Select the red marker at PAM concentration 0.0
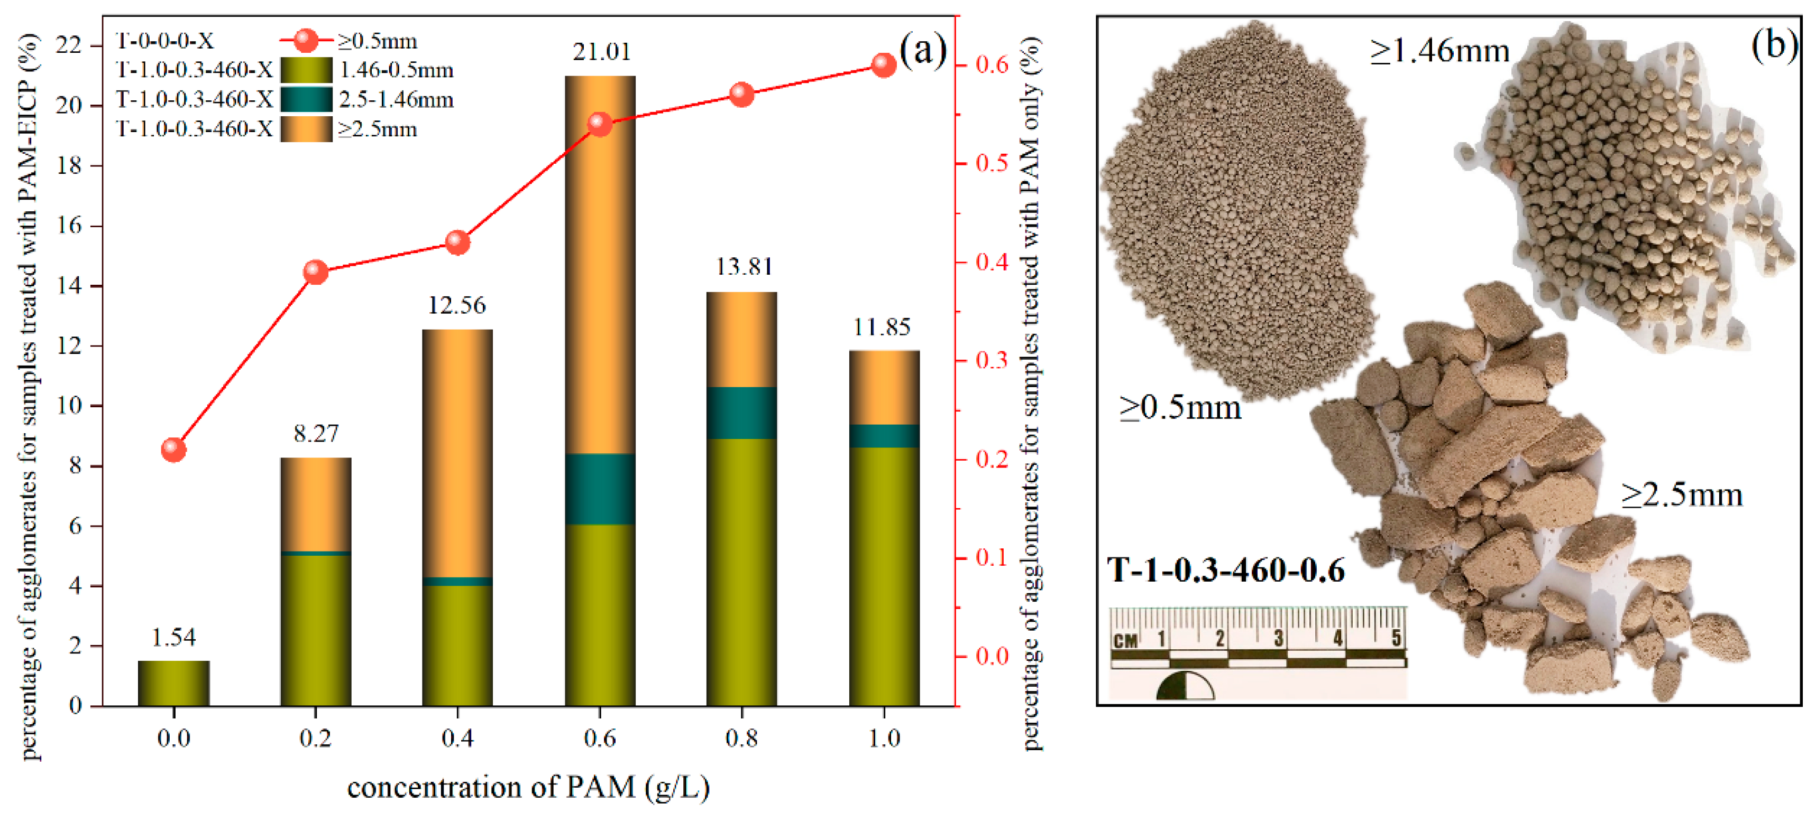(x=173, y=450)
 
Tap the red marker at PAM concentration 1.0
(x=883, y=65)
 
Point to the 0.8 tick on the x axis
(x=741, y=739)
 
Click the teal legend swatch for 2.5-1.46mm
(x=306, y=99)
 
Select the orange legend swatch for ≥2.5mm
(x=306, y=129)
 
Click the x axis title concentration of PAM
(x=528, y=787)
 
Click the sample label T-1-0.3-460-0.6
(x=1225, y=569)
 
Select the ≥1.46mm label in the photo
(x=1439, y=51)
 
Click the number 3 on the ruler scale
(x=1278, y=638)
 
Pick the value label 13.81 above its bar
(x=744, y=266)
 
